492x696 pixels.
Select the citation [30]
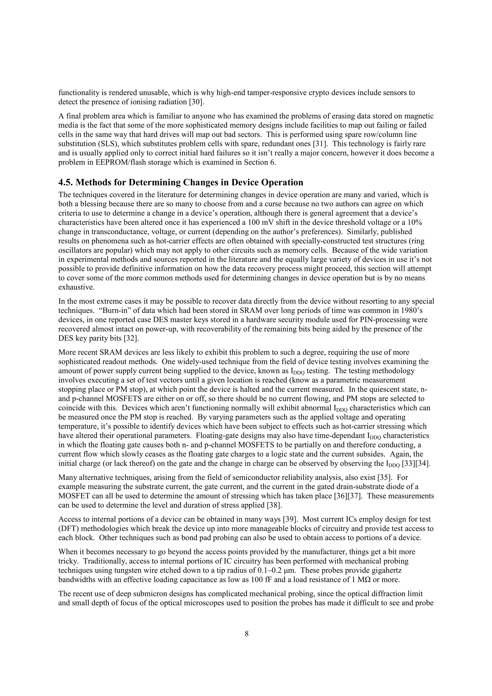(x=197, y=102)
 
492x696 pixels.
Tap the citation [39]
(x=289, y=519)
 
